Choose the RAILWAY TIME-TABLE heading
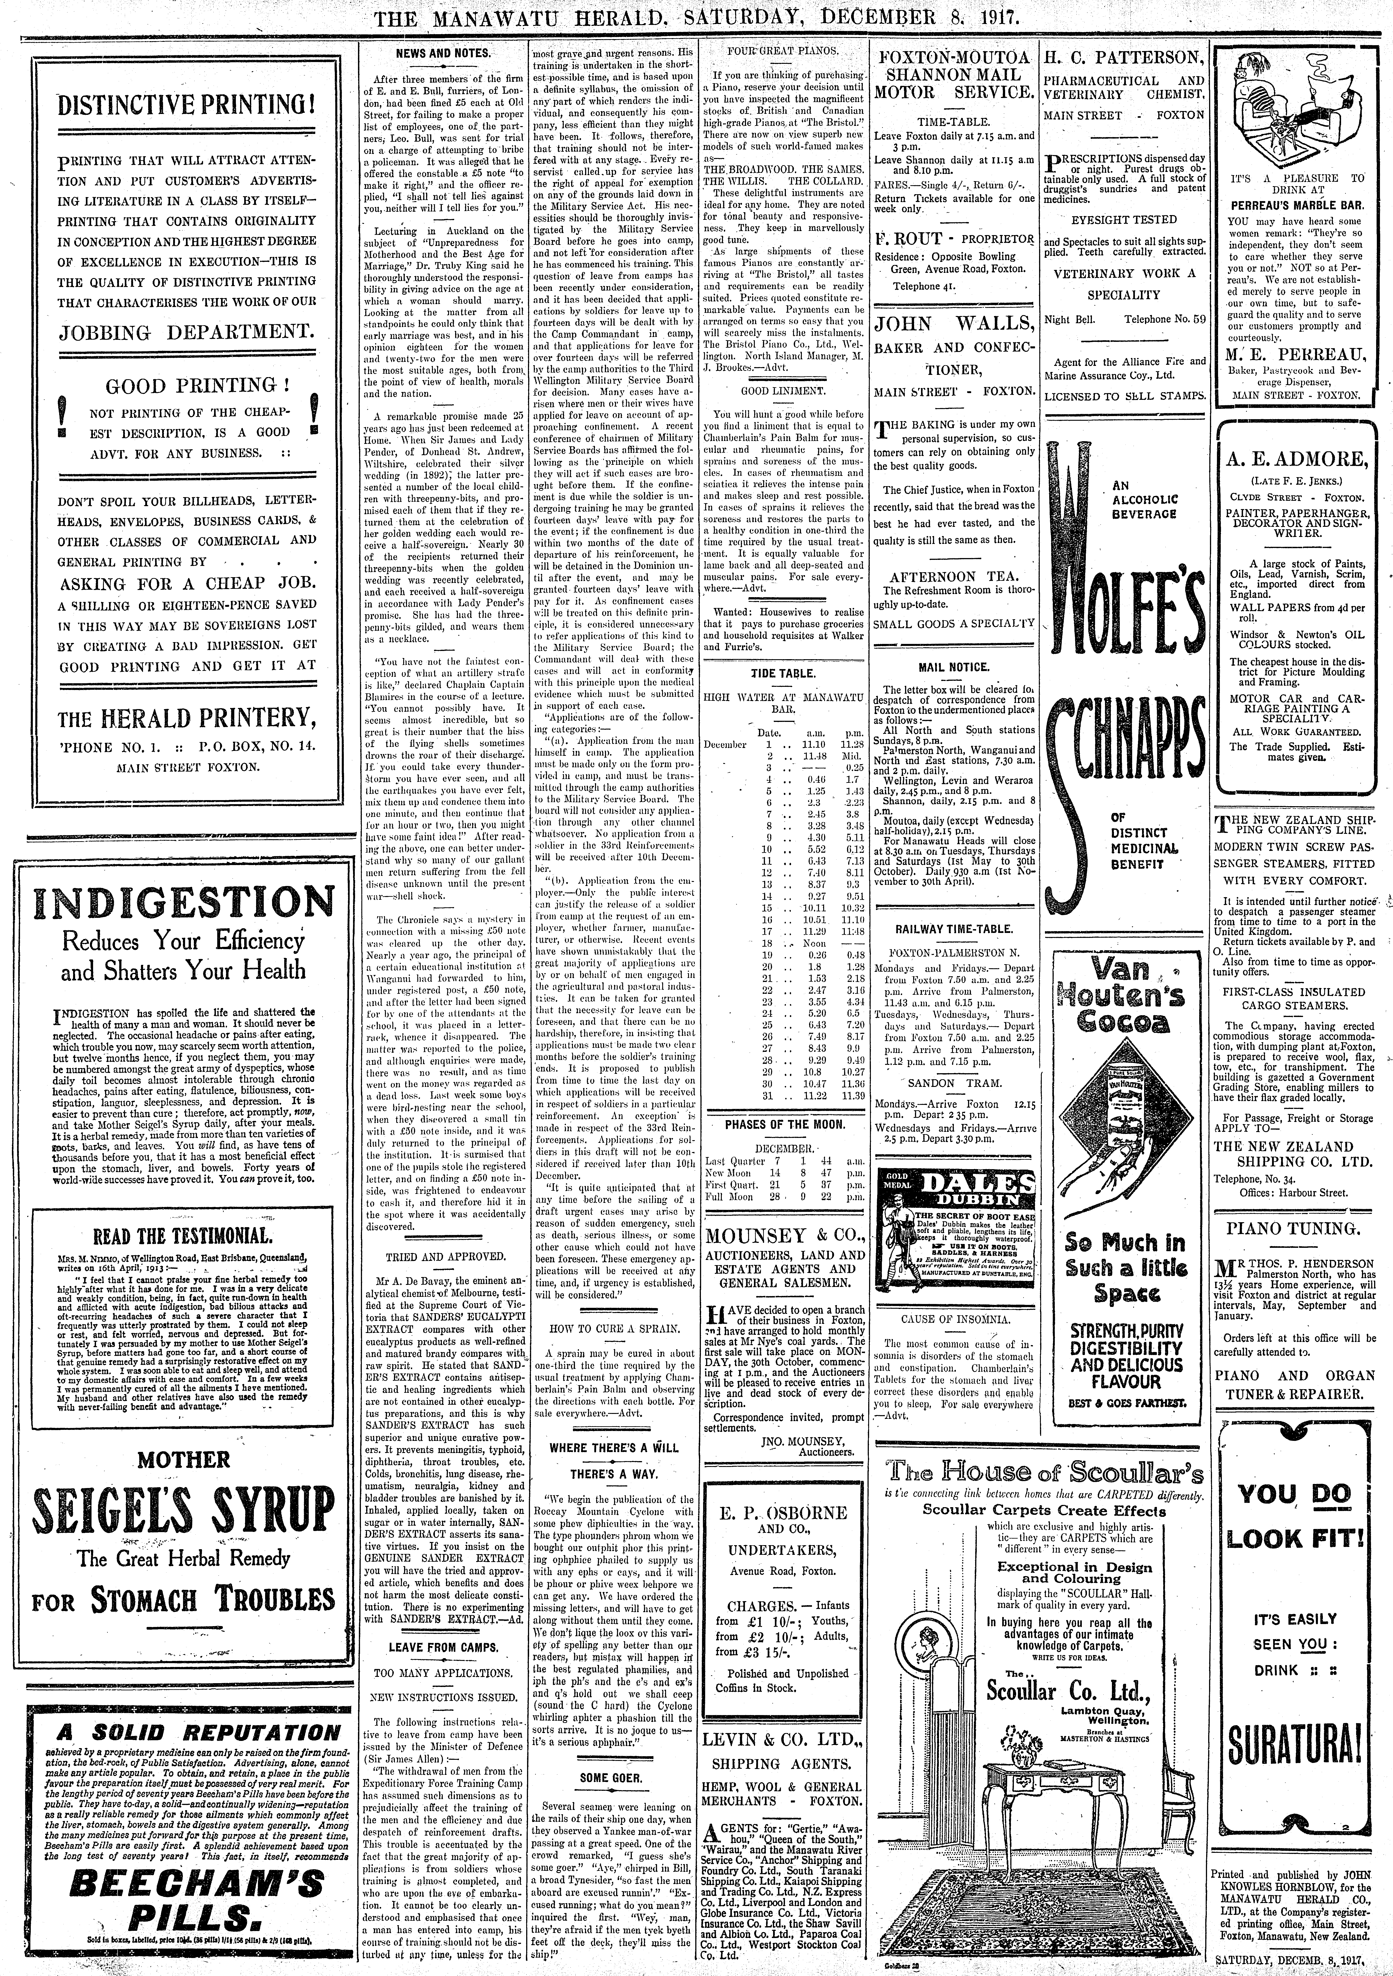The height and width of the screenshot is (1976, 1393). tap(953, 930)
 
